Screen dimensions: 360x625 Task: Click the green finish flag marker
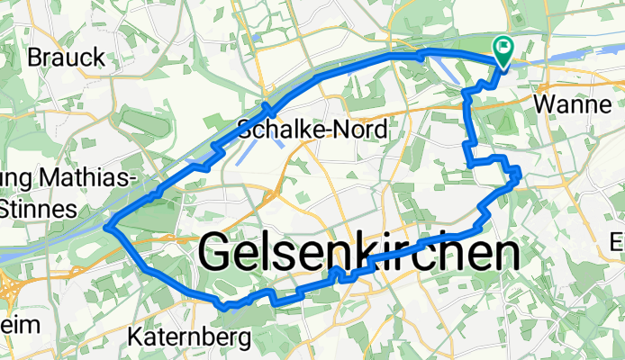pyautogui.click(x=503, y=49)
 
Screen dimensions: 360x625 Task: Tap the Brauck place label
pyautogui.click(x=67, y=58)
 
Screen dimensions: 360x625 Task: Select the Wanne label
pyautogui.click(x=574, y=104)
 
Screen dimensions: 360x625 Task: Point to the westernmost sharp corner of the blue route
pyautogui.click(x=107, y=228)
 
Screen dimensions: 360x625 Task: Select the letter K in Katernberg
pyautogui.click(x=136, y=338)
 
